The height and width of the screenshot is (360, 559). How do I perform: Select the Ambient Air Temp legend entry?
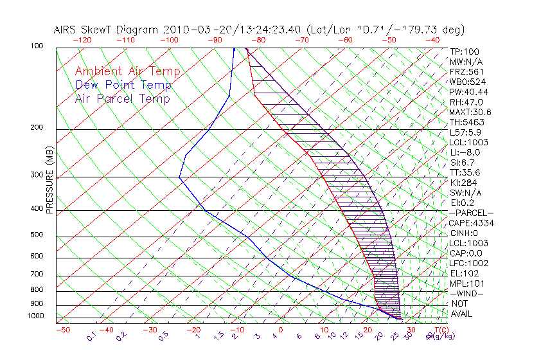pyautogui.click(x=127, y=71)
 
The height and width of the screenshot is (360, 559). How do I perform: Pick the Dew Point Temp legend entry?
pyautogui.click(x=123, y=85)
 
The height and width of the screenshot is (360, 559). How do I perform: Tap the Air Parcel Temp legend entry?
pyautogui.click(x=122, y=98)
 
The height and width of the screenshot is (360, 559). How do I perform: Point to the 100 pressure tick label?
pyautogui.click(x=37, y=46)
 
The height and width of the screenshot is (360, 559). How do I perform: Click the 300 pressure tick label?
pyautogui.click(x=37, y=175)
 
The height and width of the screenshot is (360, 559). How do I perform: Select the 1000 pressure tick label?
pyautogui.click(x=35, y=316)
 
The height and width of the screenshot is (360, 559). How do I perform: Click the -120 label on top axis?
pyautogui.click(x=82, y=40)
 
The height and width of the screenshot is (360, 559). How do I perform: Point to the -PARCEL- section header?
pyautogui.click(x=472, y=213)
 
